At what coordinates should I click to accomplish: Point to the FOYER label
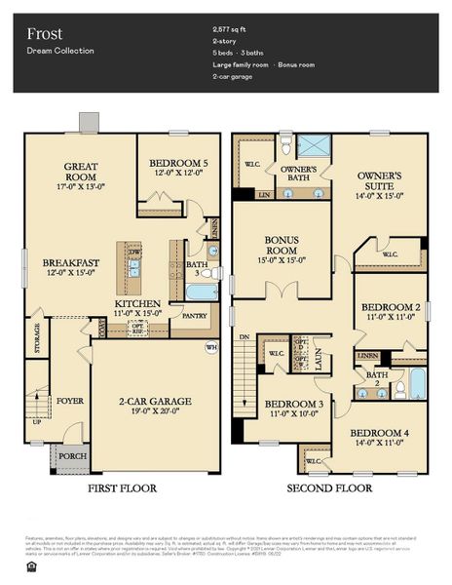click(x=69, y=399)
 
